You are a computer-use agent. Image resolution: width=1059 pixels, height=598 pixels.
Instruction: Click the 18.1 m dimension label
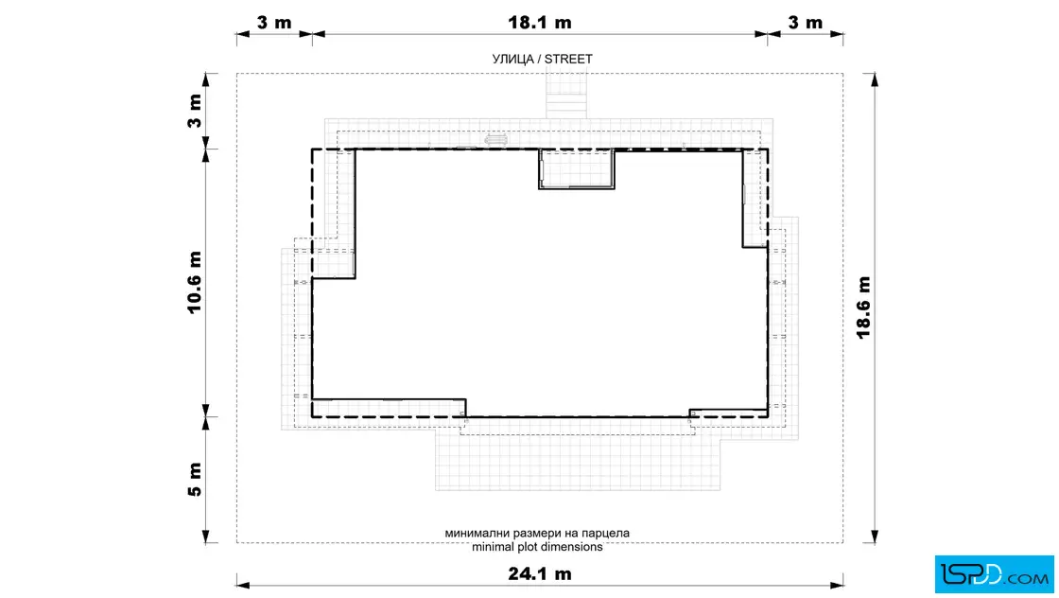coord(540,23)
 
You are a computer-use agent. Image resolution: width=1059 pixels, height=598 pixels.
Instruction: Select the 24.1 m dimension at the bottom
coord(540,573)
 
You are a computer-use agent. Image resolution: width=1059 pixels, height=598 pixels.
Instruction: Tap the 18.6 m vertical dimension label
coord(864,308)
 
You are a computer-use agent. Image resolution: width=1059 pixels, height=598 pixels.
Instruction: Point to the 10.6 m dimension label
coord(195,282)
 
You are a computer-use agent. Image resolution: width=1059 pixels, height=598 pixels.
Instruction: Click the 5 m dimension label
coord(195,479)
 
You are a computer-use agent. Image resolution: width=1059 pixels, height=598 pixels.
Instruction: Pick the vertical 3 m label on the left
coord(195,111)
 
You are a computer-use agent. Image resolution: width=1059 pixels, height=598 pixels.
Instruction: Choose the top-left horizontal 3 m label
coord(274,23)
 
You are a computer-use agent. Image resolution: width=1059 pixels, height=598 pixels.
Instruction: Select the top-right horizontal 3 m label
coord(805,23)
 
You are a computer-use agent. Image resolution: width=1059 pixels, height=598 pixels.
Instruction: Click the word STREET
coord(568,59)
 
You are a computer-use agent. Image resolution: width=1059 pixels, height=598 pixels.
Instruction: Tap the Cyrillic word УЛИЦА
coord(513,59)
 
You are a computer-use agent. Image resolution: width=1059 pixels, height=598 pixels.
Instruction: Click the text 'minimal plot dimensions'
coord(537,547)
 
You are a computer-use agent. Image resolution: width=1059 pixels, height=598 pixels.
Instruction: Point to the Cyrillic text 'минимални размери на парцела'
coord(537,533)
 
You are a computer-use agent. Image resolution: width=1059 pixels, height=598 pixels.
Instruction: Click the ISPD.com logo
coord(994,574)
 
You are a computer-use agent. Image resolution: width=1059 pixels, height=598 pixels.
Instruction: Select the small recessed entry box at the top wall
coord(576,169)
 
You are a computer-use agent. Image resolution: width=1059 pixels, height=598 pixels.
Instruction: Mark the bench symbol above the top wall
coord(495,140)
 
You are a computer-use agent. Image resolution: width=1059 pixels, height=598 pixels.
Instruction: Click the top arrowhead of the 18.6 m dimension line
coord(875,79)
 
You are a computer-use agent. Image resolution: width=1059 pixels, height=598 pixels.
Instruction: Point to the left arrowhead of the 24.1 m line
coord(243,585)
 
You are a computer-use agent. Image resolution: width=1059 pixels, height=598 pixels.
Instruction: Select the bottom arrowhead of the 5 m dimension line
coord(206,536)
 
